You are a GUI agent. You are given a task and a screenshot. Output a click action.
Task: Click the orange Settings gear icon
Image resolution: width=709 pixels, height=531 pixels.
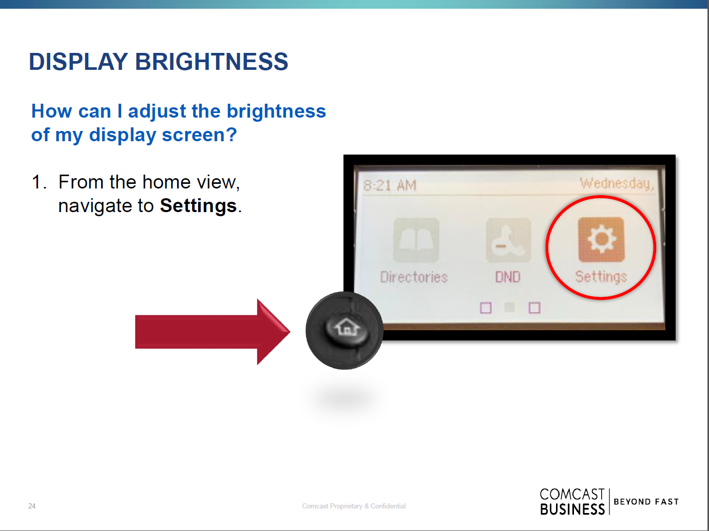(601, 239)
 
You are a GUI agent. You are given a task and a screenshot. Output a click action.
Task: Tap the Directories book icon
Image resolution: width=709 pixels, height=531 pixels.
(416, 240)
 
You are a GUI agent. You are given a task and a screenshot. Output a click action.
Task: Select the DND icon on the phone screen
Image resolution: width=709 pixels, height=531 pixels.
(508, 240)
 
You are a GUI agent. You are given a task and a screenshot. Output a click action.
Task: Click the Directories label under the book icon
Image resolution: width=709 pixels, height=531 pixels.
(414, 277)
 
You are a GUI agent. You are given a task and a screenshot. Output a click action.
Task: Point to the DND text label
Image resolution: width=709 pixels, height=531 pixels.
(508, 277)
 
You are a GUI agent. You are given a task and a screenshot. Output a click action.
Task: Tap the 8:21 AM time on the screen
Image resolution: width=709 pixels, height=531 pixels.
(390, 185)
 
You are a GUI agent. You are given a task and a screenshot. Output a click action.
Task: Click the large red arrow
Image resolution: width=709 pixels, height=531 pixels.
(213, 332)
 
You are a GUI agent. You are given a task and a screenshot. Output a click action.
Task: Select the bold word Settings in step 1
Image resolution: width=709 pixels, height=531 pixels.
(198, 206)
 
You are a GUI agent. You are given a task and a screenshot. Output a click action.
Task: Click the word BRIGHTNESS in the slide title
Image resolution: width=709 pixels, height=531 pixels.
(212, 62)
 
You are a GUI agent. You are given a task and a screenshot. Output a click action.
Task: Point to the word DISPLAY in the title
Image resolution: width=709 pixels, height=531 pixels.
(79, 62)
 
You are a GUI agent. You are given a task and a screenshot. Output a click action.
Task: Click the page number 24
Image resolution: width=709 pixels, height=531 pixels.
(32, 506)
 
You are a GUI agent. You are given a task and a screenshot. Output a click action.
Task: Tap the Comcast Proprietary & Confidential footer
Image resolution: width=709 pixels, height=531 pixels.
(354, 506)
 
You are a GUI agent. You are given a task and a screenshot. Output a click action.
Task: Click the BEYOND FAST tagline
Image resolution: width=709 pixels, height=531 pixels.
(646, 502)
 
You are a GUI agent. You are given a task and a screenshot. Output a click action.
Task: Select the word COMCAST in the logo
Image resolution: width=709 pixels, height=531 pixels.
(572, 494)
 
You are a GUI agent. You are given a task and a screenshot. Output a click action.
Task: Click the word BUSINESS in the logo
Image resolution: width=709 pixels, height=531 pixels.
(572, 509)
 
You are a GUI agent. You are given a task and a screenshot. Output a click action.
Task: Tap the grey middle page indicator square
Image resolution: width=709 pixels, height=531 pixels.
(510, 308)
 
